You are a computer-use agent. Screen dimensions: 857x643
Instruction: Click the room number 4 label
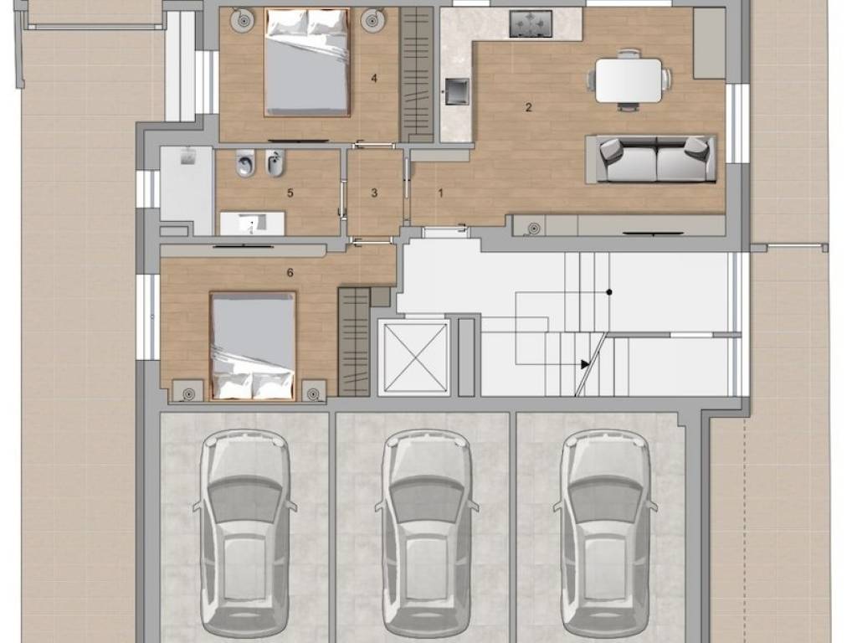(x=374, y=79)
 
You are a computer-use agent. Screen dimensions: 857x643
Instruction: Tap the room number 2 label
(x=528, y=107)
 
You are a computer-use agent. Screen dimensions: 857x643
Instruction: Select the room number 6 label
(x=290, y=272)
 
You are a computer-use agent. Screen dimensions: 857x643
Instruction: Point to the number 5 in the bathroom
(x=290, y=193)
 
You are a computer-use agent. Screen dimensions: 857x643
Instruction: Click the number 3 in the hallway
(x=374, y=193)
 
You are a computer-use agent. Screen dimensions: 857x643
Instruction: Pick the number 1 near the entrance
(x=441, y=193)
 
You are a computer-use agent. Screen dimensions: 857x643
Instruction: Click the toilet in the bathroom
(x=244, y=163)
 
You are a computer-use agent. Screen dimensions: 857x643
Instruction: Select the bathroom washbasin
(x=252, y=223)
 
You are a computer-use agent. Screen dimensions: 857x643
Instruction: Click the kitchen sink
(x=456, y=91)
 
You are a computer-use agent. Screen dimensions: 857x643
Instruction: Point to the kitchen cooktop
(x=531, y=24)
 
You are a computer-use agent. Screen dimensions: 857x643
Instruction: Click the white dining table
(x=629, y=80)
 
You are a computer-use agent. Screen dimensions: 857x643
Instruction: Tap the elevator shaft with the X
(x=413, y=358)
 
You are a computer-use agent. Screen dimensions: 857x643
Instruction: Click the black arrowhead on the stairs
(x=585, y=363)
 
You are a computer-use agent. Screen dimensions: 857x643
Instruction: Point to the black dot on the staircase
(x=609, y=292)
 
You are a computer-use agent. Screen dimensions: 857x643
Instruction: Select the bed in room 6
(x=253, y=346)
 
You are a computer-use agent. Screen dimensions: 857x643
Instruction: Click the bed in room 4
(x=306, y=62)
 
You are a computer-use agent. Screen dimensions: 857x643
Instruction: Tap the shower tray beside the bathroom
(x=187, y=190)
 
